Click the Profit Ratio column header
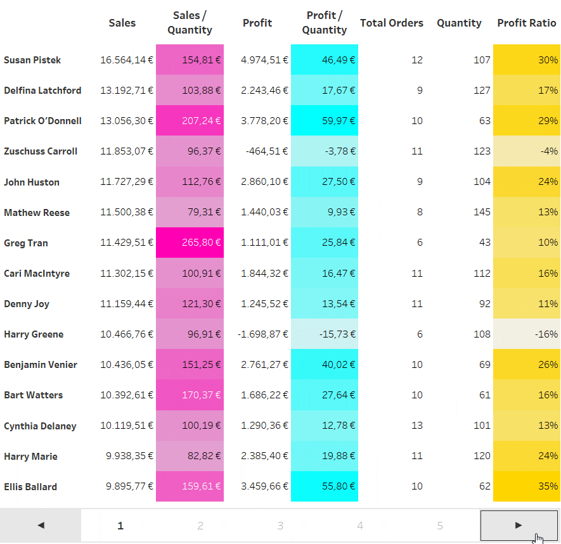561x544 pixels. tap(526, 23)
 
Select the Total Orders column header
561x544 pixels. tap(391, 23)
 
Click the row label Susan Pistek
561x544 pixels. tap(32, 60)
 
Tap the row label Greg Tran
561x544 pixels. tap(25, 243)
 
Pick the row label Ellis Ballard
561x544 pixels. tap(30, 487)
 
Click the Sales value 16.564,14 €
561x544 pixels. tap(127, 60)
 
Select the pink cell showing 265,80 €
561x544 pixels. tap(190, 243)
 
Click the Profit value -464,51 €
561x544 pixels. tap(264, 151)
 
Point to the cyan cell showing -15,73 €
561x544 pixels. tap(325, 334)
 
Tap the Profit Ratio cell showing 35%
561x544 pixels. tap(526, 487)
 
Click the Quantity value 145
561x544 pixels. tap(482, 213)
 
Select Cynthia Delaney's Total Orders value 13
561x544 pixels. tap(416, 426)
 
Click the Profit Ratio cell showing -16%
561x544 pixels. tap(526, 334)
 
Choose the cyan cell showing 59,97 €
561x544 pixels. tap(325, 121)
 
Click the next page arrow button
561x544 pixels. tap(519, 525)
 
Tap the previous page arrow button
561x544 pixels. tap(41, 525)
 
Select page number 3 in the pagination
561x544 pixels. tap(280, 526)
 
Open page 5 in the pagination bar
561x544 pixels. tap(440, 526)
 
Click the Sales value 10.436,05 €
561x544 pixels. tap(127, 365)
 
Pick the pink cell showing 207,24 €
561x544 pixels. tap(190, 121)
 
